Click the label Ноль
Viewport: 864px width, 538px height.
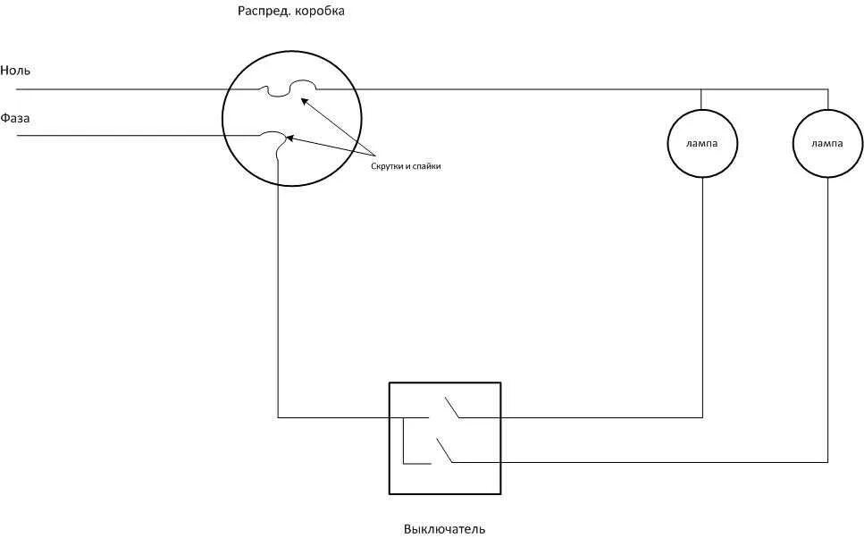click(16, 70)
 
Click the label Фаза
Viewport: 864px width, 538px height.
click(16, 118)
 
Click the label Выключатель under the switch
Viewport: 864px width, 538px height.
click(444, 529)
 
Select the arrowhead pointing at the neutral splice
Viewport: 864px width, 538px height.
click(304, 100)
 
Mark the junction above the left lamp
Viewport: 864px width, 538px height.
click(701, 89)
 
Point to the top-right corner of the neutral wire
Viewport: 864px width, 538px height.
click(827, 89)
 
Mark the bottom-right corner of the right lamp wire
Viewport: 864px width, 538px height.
click(827, 462)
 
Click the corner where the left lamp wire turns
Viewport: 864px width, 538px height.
click(702, 417)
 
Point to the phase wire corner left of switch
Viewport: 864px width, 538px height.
click(278, 417)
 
